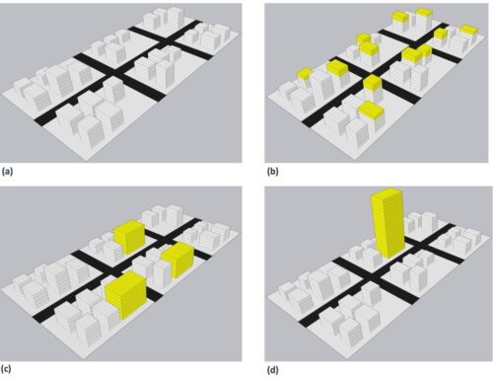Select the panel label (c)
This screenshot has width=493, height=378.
point(8,370)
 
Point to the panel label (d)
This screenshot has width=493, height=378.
point(271,370)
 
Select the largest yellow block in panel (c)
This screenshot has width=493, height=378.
point(125,295)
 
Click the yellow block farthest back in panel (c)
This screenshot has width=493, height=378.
point(129,238)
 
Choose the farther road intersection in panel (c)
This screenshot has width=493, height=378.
point(170,238)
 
